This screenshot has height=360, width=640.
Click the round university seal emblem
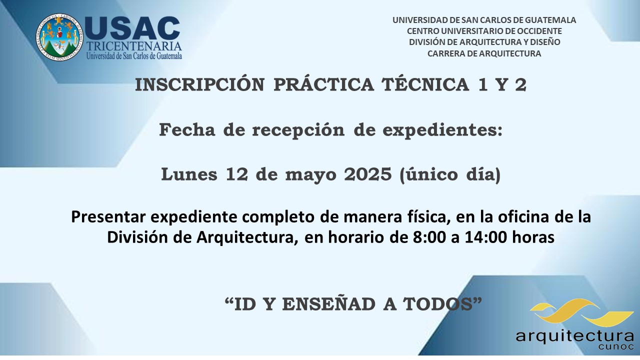(x=59, y=37)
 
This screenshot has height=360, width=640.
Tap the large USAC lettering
(x=132, y=28)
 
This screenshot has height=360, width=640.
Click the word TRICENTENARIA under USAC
(x=134, y=46)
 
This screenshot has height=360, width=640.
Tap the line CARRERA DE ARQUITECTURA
(x=484, y=53)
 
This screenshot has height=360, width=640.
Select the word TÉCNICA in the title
(x=425, y=85)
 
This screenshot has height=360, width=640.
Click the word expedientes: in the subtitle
(x=442, y=130)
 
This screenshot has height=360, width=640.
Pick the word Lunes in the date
(x=189, y=174)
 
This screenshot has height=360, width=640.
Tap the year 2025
(x=367, y=174)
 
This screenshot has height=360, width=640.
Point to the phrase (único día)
(x=450, y=174)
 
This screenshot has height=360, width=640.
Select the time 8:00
(x=429, y=237)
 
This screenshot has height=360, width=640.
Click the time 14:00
(x=485, y=237)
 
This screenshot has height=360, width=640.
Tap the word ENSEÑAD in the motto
(x=329, y=304)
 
